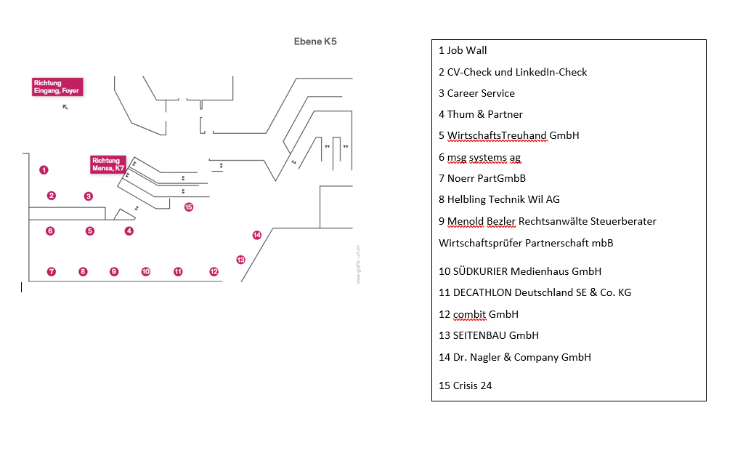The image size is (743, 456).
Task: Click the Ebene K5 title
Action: (x=314, y=41)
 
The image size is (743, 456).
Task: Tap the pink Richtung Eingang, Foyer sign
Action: (x=57, y=87)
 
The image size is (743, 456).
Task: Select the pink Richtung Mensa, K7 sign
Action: (x=108, y=164)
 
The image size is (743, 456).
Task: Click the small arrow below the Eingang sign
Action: (x=65, y=107)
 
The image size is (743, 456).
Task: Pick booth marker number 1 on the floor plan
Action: (x=44, y=170)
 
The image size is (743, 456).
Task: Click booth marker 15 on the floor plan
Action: (x=189, y=207)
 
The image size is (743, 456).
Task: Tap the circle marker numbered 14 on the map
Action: (x=256, y=235)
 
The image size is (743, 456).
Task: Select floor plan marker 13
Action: (x=241, y=260)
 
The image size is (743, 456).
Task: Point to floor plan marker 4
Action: (x=129, y=231)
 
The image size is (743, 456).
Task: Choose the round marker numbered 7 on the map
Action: (x=52, y=272)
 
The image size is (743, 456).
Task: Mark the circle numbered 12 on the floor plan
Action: (x=214, y=272)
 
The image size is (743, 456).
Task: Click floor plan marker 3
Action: (x=89, y=196)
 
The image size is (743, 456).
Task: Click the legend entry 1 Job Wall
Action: (x=463, y=51)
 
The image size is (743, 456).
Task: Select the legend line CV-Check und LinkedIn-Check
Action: (x=513, y=72)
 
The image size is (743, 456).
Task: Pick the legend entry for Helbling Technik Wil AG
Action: (x=499, y=199)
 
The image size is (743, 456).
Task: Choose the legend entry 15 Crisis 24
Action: (x=466, y=385)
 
